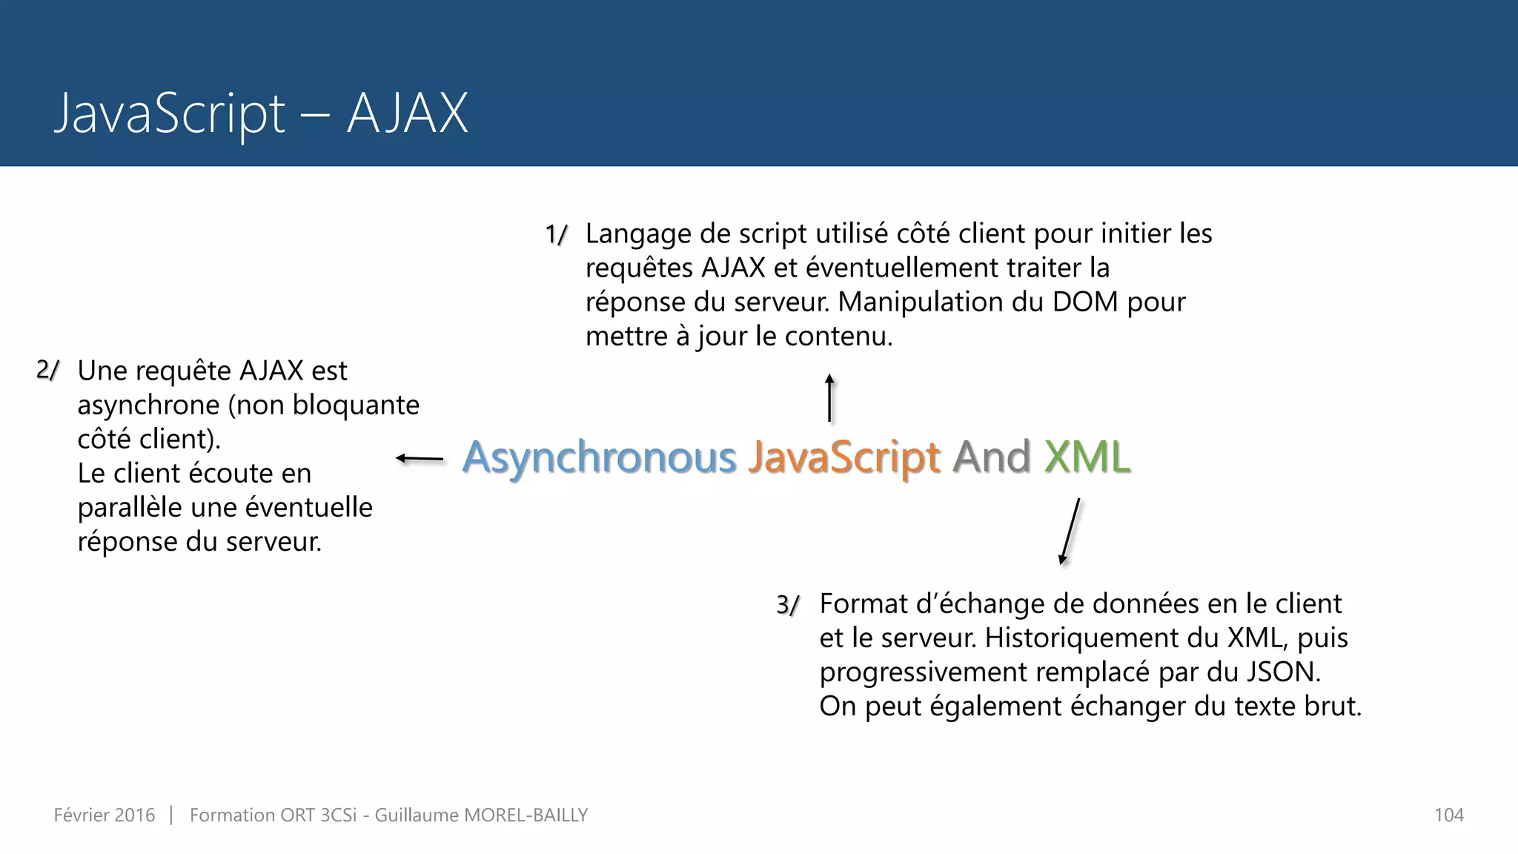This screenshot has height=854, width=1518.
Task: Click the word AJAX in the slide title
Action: pos(407,113)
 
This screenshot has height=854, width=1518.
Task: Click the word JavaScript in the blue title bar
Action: pos(170,113)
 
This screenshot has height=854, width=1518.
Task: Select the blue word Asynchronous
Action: pos(599,457)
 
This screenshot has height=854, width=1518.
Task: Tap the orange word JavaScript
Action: pos(843,457)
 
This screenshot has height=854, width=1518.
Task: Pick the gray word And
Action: pos(992,457)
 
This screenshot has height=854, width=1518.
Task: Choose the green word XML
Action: pos(1087,457)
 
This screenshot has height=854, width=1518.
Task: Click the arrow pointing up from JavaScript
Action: pos(830,398)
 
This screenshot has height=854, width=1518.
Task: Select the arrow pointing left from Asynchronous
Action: pos(420,459)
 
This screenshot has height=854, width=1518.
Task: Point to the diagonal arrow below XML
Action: pos(1070,531)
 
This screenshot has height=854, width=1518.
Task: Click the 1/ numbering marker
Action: pos(556,235)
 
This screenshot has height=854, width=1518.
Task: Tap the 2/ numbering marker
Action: pos(47,371)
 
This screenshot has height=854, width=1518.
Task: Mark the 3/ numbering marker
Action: pos(788,605)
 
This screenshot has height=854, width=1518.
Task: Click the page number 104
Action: pos(1448,815)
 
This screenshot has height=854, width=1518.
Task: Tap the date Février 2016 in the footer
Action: pos(105,815)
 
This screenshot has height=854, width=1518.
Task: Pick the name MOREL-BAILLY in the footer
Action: pos(526,815)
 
